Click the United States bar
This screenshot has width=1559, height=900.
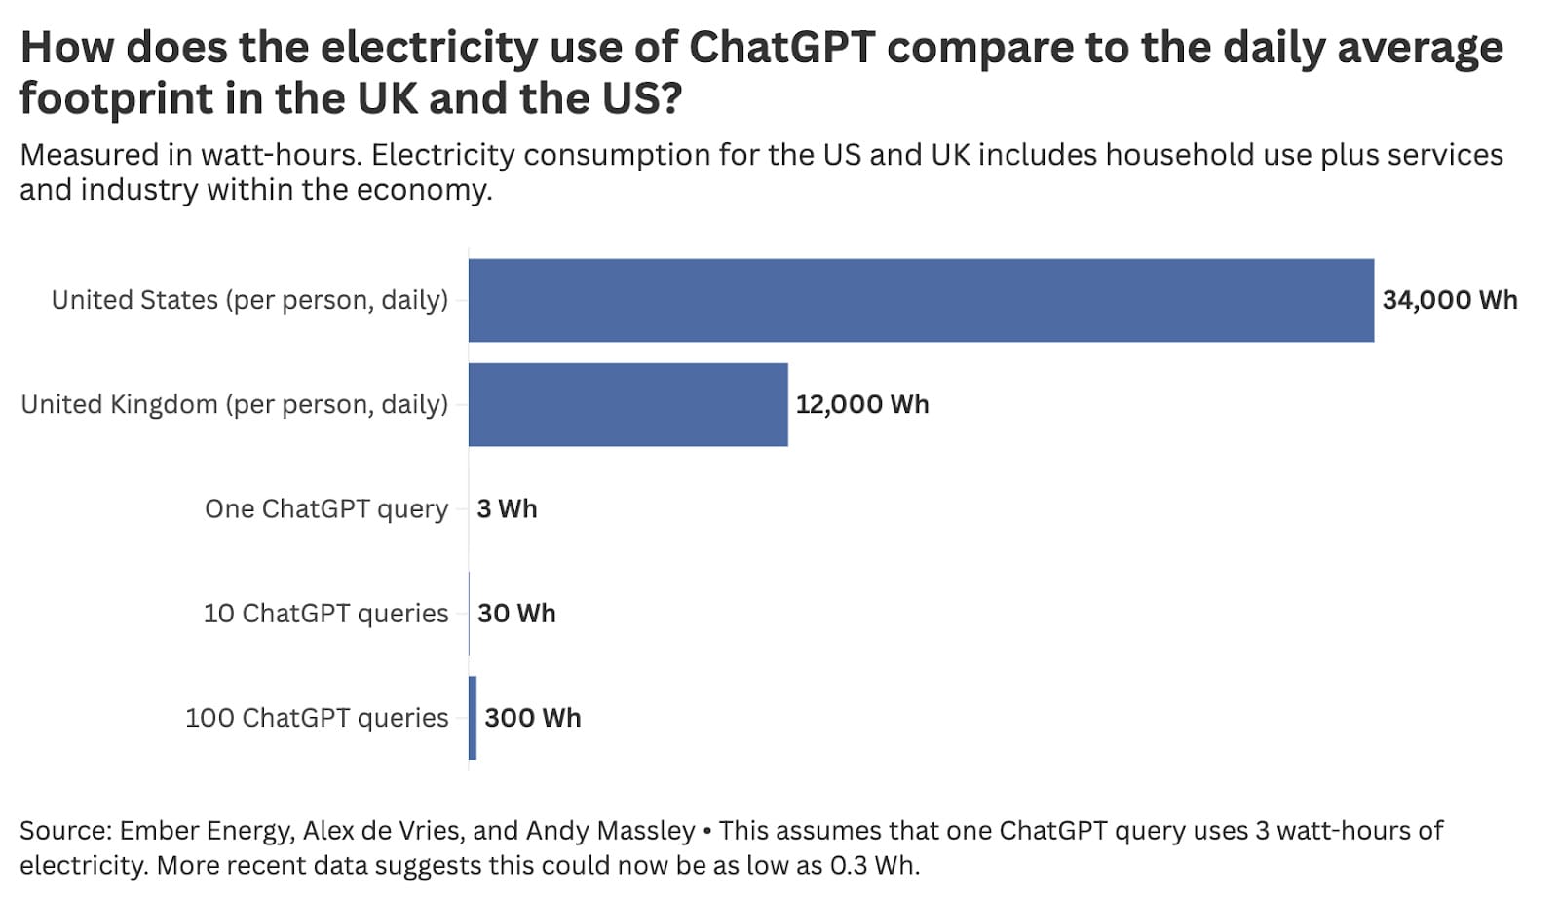921,300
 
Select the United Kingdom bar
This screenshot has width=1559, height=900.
627,404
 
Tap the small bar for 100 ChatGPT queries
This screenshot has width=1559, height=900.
473,718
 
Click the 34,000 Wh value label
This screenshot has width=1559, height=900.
1449,300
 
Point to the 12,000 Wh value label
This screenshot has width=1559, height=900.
861,404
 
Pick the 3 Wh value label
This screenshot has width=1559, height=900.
507,508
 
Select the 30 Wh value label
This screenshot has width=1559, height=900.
516,614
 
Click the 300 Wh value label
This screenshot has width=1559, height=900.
532,718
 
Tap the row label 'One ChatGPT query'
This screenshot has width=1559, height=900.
326,508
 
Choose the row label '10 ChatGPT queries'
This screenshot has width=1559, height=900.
325,614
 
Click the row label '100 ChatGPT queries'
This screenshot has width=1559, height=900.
317,718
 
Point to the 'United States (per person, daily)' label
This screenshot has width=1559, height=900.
249,300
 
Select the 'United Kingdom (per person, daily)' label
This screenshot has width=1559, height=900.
234,404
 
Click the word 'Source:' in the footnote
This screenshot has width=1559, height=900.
64,831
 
